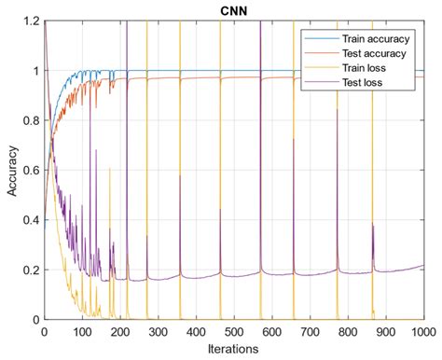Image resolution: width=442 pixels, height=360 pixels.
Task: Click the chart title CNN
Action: click(x=233, y=9)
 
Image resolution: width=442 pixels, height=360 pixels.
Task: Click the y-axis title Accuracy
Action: click(x=10, y=171)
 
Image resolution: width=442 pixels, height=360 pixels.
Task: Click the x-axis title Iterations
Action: click(x=233, y=350)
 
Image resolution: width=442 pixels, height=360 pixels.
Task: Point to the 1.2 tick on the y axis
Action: click(x=30, y=21)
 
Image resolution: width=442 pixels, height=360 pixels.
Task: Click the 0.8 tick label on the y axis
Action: click(x=30, y=121)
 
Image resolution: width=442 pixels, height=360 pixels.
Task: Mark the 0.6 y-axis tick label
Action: click(x=30, y=171)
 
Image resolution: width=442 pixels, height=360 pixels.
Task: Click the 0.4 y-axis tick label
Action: click(x=30, y=221)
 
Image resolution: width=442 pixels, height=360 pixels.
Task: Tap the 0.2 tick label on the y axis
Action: click(x=30, y=270)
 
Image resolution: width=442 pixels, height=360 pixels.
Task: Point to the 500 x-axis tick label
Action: click(x=234, y=332)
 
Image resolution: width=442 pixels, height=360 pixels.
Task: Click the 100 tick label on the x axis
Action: click(x=82, y=332)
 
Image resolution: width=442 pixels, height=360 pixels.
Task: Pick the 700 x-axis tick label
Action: click(x=310, y=332)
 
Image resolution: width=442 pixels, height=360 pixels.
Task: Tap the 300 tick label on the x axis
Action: click(x=158, y=332)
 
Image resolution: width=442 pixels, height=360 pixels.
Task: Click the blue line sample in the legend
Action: click(x=314, y=38)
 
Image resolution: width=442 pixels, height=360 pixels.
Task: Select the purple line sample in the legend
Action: click(x=314, y=83)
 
